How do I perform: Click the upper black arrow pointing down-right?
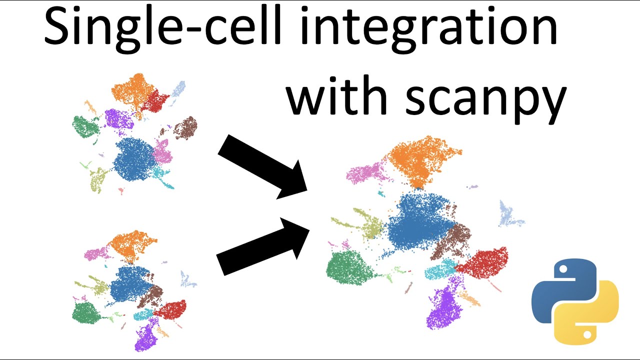click(x=265, y=167)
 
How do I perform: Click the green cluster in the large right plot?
click(x=350, y=267)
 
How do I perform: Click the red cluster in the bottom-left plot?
click(x=171, y=309)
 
